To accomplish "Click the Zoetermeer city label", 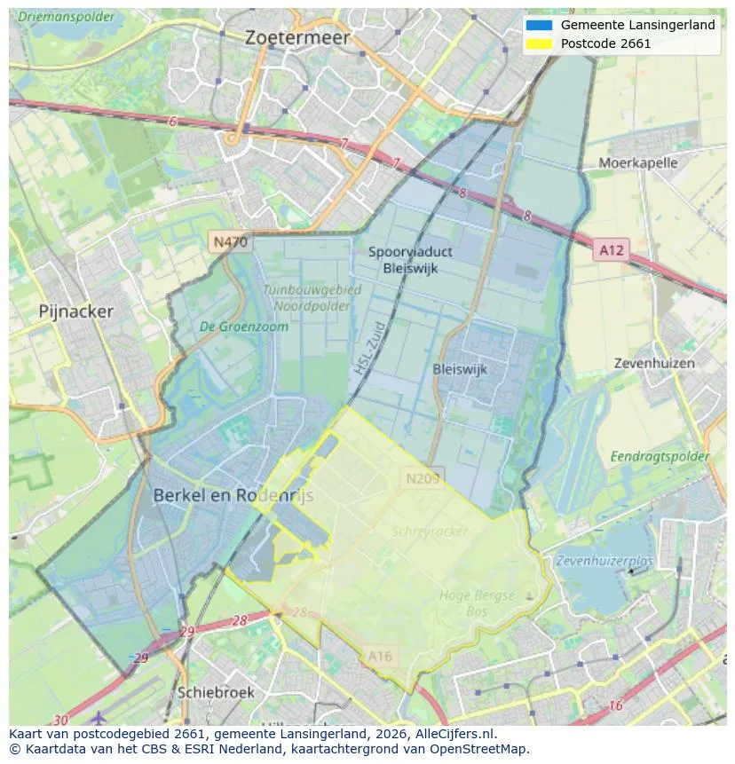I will point(297,37).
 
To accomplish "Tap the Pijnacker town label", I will point(76,311).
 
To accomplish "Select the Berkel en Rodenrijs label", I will point(233,496).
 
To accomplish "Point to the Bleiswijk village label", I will point(460,369).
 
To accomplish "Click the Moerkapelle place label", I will point(637,162).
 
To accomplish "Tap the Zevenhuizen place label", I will point(654,363).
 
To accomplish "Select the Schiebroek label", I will point(216,692).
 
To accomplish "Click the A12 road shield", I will point(611,250).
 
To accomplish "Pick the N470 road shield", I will point(230,241).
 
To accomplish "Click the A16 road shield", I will point(379,656).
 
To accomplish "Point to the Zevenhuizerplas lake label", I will point(604,561).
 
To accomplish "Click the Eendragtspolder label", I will point(660,456).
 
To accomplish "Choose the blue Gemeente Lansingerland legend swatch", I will point(538,25).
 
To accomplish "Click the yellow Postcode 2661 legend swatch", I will point(538,43).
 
